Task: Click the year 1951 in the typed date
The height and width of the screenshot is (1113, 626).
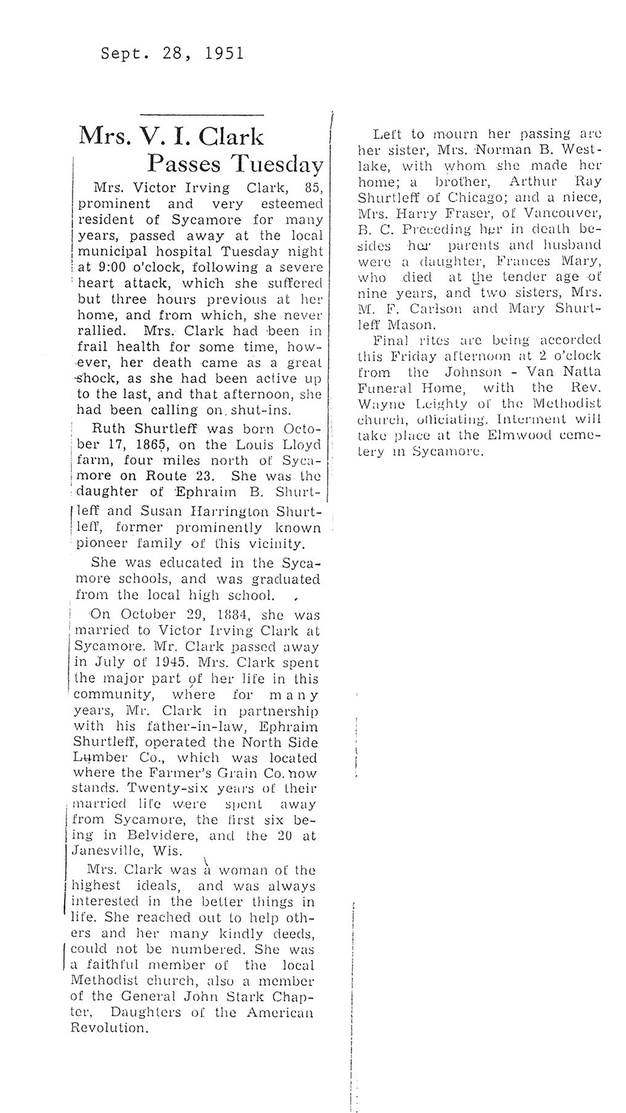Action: pos(225,54)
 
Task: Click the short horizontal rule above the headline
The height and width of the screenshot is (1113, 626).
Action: pos(202,114)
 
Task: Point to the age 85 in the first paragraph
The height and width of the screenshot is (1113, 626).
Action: pos(312,188)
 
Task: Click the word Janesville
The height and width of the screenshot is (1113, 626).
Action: pos(108,851)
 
